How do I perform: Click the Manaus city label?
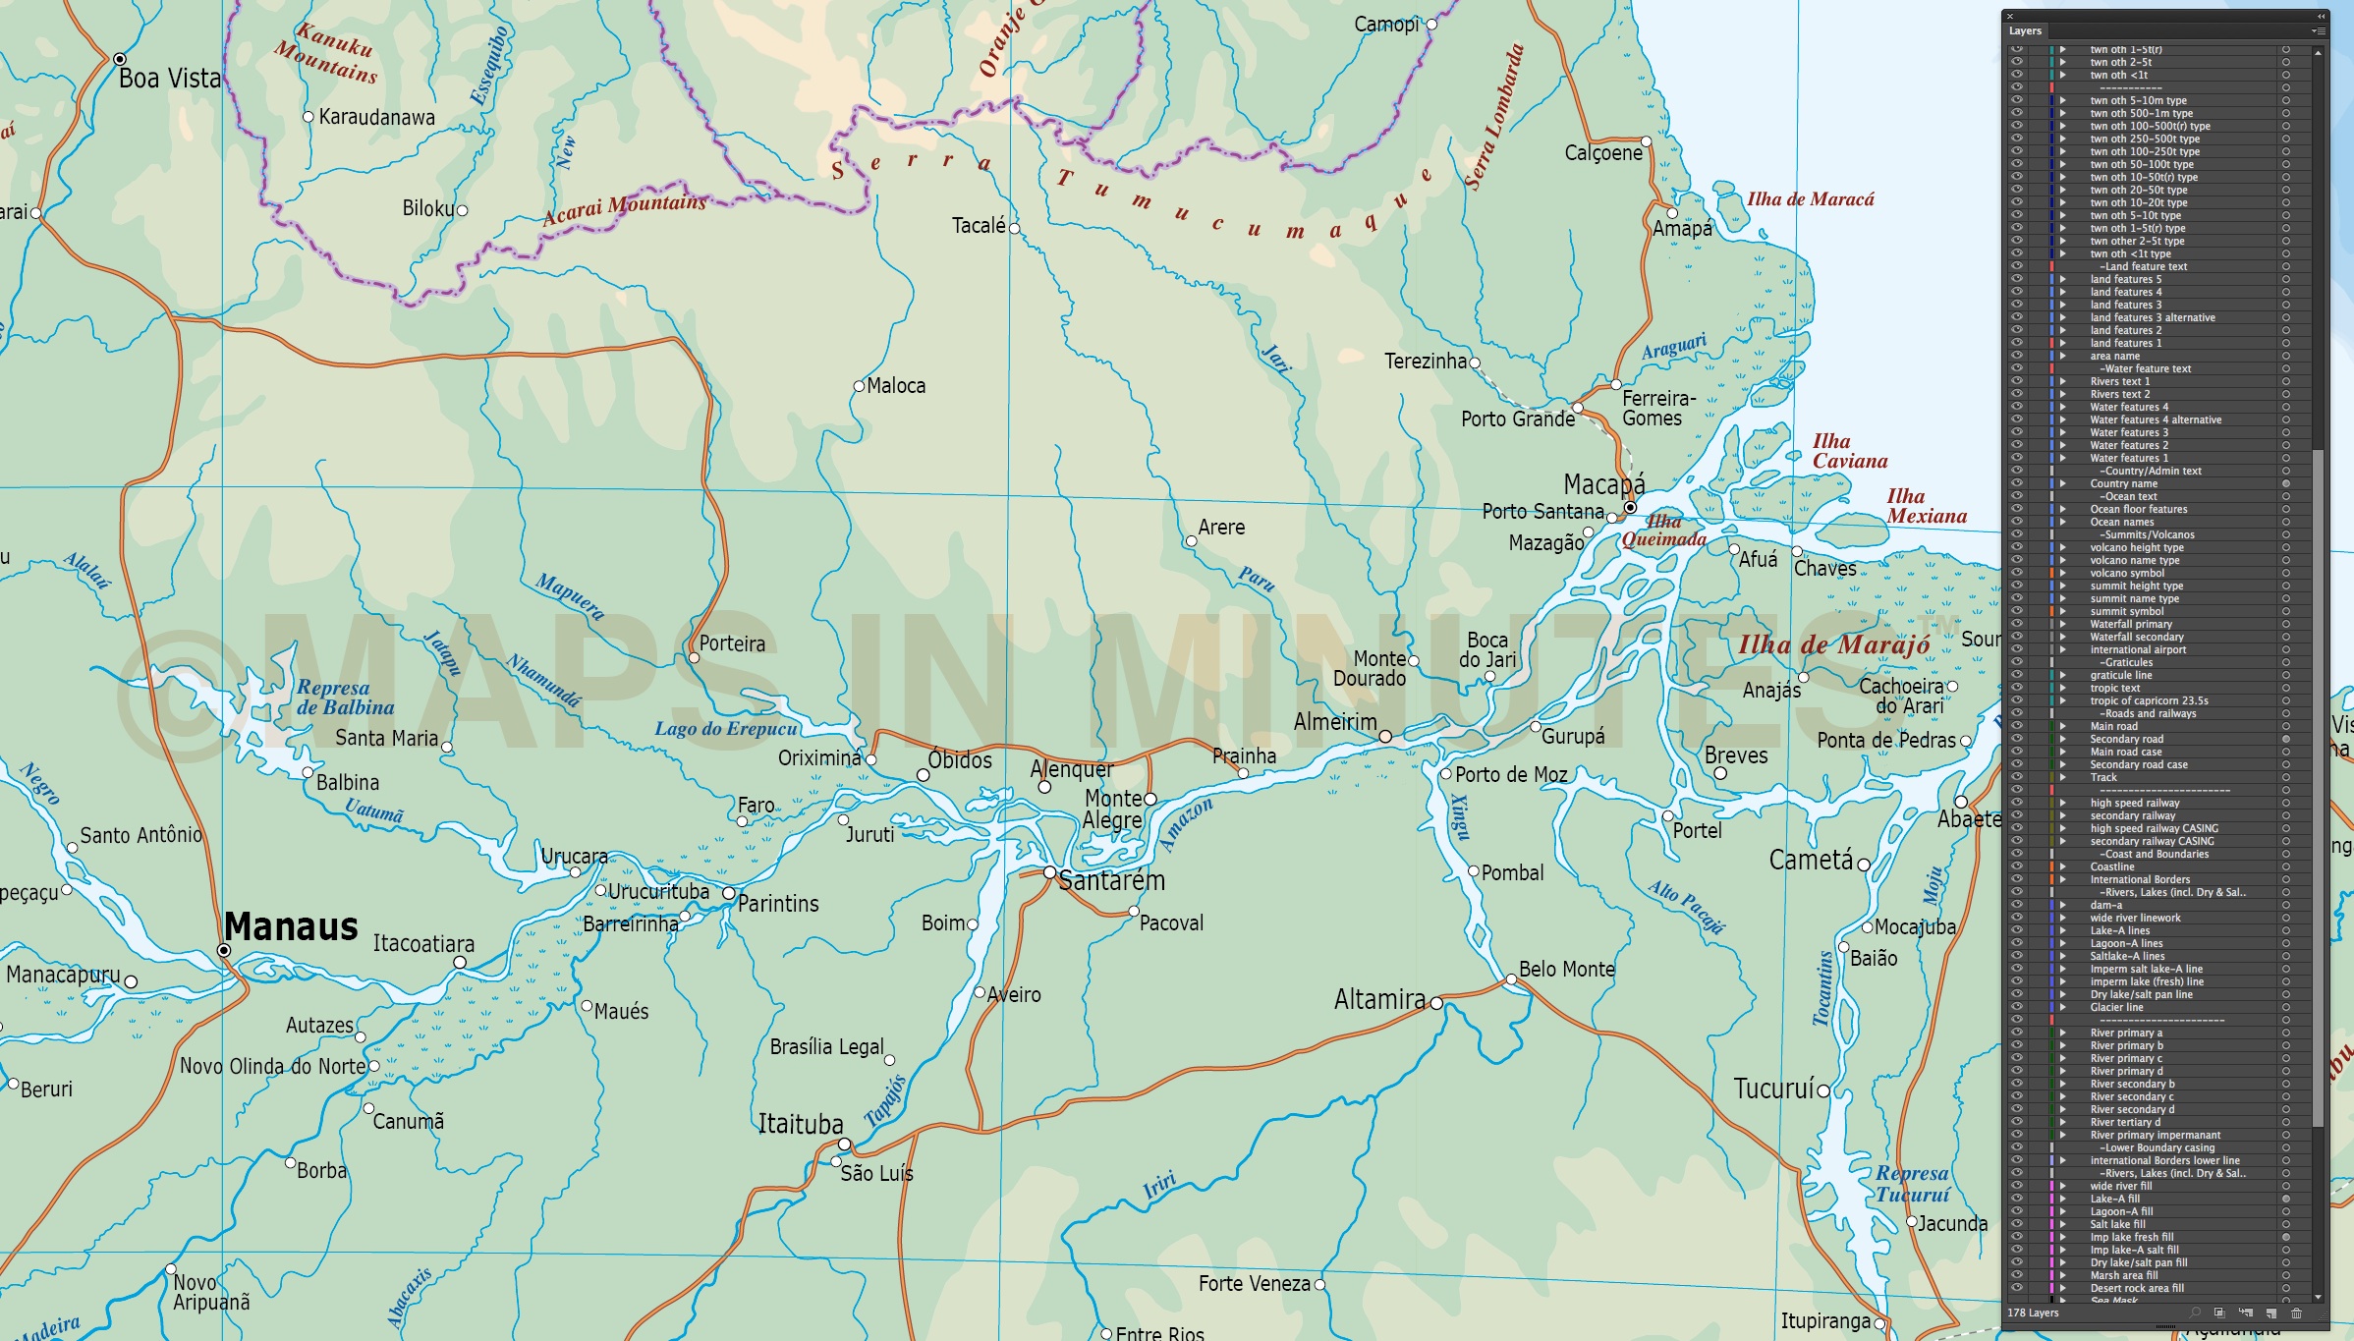click(291, 927)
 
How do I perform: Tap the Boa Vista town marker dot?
click(120, 59)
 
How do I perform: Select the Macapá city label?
click(1603, 484)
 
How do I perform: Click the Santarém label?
click(1111, 881)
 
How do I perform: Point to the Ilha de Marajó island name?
click(1833, 644)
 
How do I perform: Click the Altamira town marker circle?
click(1436, 1003)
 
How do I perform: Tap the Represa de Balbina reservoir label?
click(345, 698)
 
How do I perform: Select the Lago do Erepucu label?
click(726, 729)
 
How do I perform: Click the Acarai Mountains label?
click(625, 207)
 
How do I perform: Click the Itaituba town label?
click(801, 1124)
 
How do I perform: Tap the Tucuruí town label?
click(1774, 1089)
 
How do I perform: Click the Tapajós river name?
click(885, 1100)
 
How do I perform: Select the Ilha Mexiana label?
click(1926, 506)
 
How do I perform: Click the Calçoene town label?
click(1603, 153)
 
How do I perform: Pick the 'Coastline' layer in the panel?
click(2111, 866)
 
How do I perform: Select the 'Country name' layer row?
click(2123, 483)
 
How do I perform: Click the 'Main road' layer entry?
click(2113, 726)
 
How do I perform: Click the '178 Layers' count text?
click(2033, 1313)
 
